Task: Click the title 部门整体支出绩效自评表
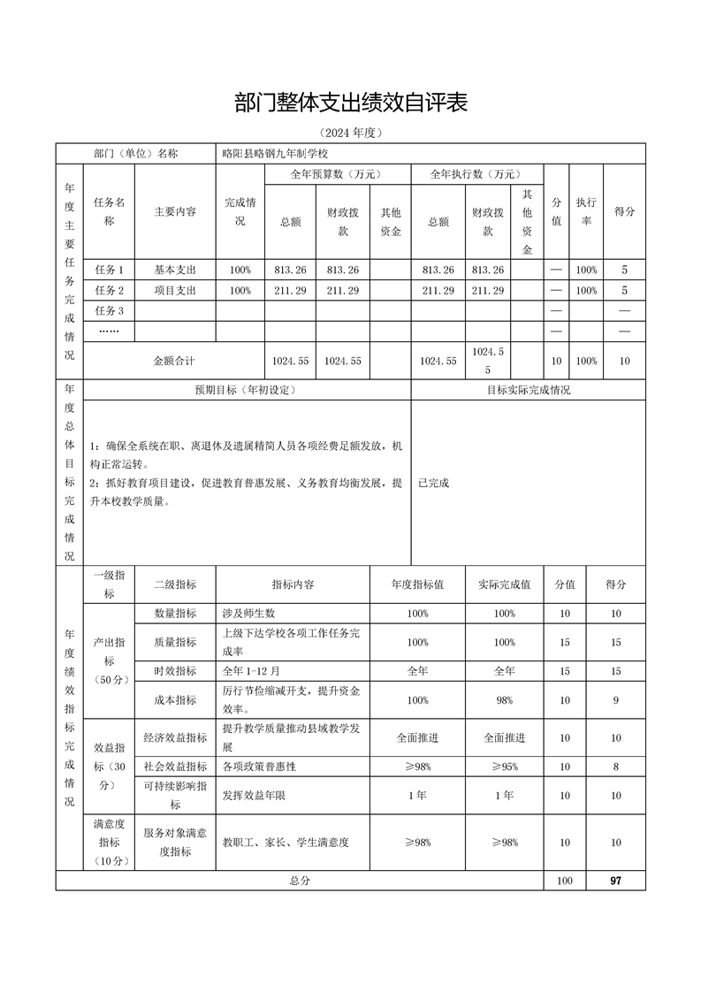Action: tap(350, 103)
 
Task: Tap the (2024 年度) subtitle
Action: tap(351, 134)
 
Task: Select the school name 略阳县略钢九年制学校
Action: tap(275, 153)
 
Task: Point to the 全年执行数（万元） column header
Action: tap(475, 174)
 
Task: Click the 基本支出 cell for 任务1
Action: tap(175, 270)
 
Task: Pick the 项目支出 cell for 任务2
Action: tap(175, 290)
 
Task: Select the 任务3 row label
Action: tap(109, 310)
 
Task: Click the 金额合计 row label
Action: tap(174, 361)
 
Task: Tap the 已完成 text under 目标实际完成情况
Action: tap(434, 483)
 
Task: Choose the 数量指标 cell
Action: tap(175, 614)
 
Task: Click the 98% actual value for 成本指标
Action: tap(504, 699)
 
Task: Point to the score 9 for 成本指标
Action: tap(615, 699)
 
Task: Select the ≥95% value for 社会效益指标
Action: tap(504, 767)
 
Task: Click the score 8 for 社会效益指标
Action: tap(615, 767)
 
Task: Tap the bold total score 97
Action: tap(615, 881)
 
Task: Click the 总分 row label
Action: tap(300, 881)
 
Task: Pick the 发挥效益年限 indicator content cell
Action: tap(254, 796)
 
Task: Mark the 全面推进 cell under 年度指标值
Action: tap(417, 737)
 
